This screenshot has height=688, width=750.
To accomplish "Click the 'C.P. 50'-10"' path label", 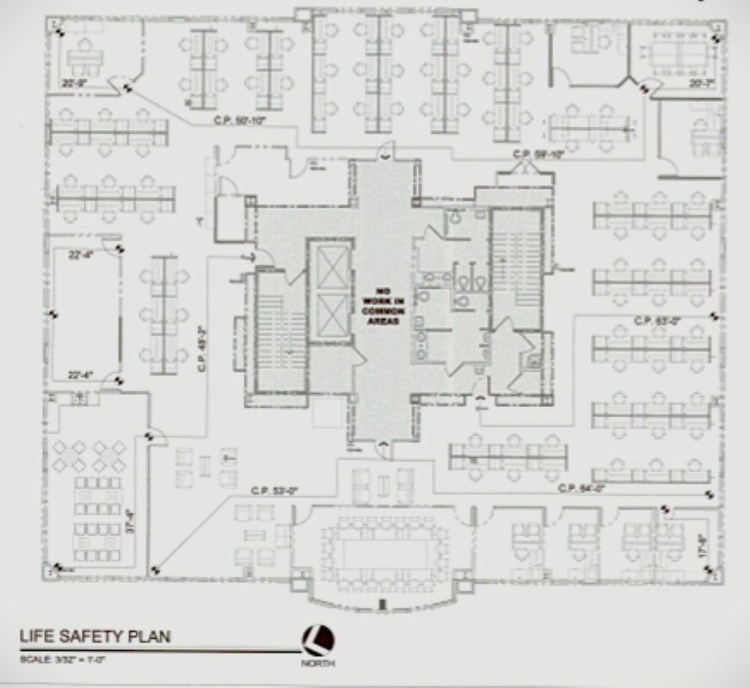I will (x=240, y=120).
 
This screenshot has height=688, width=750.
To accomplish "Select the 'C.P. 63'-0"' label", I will (x=657, y=320).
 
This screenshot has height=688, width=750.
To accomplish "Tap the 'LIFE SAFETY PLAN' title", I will (x=95, y=636).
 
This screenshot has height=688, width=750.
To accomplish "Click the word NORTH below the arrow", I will (x=318, y=664).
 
